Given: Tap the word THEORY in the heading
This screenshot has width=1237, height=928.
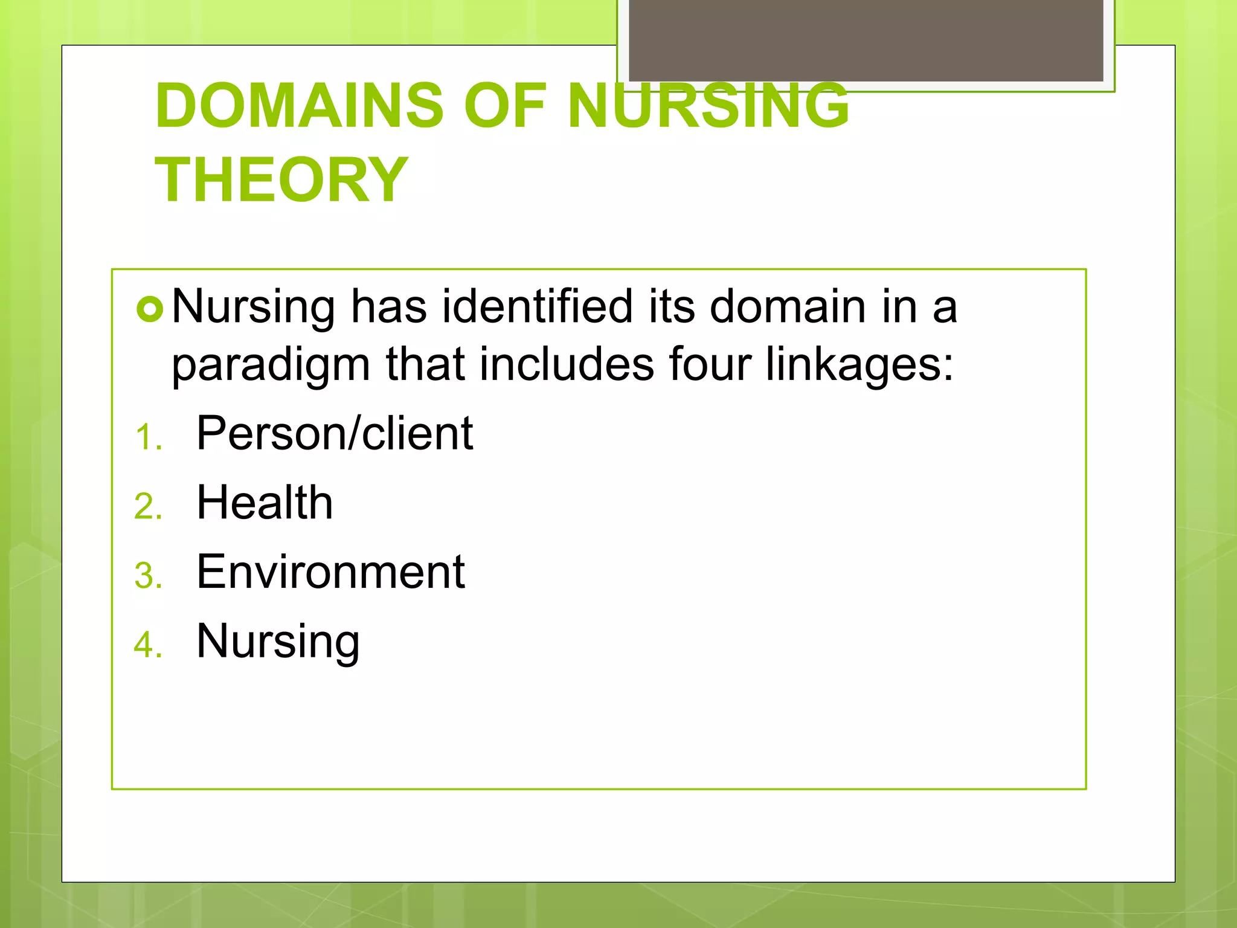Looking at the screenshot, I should (x=281, y=180).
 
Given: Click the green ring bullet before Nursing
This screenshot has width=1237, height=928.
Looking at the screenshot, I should (x=150, y=310).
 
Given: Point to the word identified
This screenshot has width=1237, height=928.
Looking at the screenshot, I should (x=538, y=306).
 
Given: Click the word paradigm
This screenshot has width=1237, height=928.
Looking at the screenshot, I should (x=271, y=364).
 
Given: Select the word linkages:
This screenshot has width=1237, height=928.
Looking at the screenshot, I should (x=859, y=364).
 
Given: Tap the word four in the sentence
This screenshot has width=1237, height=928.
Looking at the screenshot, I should (x=710, y=364).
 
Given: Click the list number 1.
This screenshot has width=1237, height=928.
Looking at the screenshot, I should (x=147, y=437).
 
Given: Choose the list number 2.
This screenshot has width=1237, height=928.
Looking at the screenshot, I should (x=147, y=506).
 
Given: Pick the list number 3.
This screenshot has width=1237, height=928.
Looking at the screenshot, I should (x=147, y=576).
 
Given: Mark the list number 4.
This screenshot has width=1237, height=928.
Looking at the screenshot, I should (x=147, y=645).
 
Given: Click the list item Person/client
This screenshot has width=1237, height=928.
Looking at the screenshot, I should (x=335, y=433).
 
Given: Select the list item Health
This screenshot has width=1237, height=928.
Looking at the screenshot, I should (x=265, y=503).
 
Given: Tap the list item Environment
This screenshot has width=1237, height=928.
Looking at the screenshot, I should (x=330, y=572).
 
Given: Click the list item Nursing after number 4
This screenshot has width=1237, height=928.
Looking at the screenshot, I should (x=278, y=641).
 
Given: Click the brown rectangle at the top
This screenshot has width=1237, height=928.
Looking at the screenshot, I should (x=866, y=40).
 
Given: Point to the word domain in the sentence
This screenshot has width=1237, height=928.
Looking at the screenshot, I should (x=788, y=306).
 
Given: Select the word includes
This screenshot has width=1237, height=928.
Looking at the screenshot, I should (x=567, y=364).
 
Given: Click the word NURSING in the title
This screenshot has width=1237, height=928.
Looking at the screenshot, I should (x=708, y=106).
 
